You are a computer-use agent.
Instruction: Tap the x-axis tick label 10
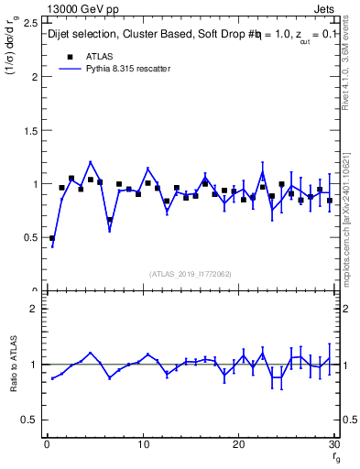pyautogui.click(x=143, y=445)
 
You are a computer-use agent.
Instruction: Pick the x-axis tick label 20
pyautogui.click(x=239, y=445)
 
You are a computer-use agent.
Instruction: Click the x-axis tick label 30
pyautogui.click(x=334, y=445)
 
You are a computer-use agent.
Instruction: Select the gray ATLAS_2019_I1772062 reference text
pyautogui.click(x=191, y=274)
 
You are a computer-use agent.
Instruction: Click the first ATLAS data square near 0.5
pyautogui.click(x=52, y=238)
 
